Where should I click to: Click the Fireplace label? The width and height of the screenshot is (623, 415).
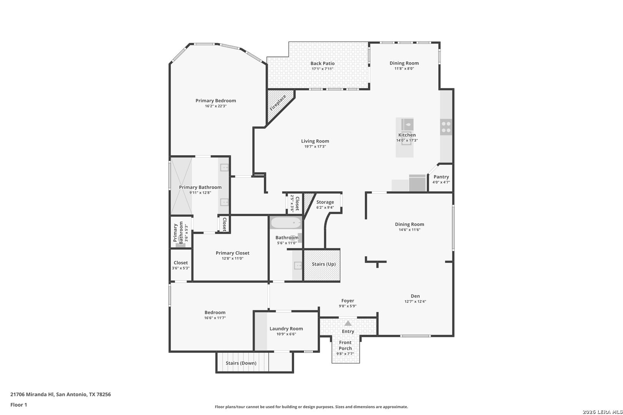(x=278, y=103)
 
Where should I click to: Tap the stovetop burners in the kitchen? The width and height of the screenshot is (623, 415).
(x=446, y=127)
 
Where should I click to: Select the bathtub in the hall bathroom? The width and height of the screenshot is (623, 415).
(x=286, y=223)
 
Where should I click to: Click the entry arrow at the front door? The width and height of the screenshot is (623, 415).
(x=348, y=323)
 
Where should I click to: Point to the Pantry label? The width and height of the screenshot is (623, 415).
(x=441, y=177)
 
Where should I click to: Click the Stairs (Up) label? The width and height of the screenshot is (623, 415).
(x=324, y=264)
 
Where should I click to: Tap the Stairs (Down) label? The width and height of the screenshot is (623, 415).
(x=241, y=363)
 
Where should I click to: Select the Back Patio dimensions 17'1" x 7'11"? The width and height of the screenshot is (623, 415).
(x=323, y=69)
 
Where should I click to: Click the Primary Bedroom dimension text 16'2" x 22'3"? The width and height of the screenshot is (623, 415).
(x=216, y=106)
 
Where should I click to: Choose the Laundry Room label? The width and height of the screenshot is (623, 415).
(x=286, y=329)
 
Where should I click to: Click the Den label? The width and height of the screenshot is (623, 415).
(x=415, y=296)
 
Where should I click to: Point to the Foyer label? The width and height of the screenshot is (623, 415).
(x=348, y=301)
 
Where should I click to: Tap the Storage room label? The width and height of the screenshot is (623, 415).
(x=325, y=203)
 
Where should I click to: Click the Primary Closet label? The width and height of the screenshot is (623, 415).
(x=233, y=253)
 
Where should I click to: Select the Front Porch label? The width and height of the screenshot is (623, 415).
(x=345, y=345)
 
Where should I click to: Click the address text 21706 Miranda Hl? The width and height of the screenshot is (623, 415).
(x=32, y=394)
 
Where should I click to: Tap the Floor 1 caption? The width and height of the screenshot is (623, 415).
(x=18, y=405)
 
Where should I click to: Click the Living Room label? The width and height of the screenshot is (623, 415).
(x=315, y=141)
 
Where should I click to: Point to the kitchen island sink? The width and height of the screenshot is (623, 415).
(x=407, y=124)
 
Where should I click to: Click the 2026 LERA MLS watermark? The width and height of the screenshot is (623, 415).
(x=602, y=412)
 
